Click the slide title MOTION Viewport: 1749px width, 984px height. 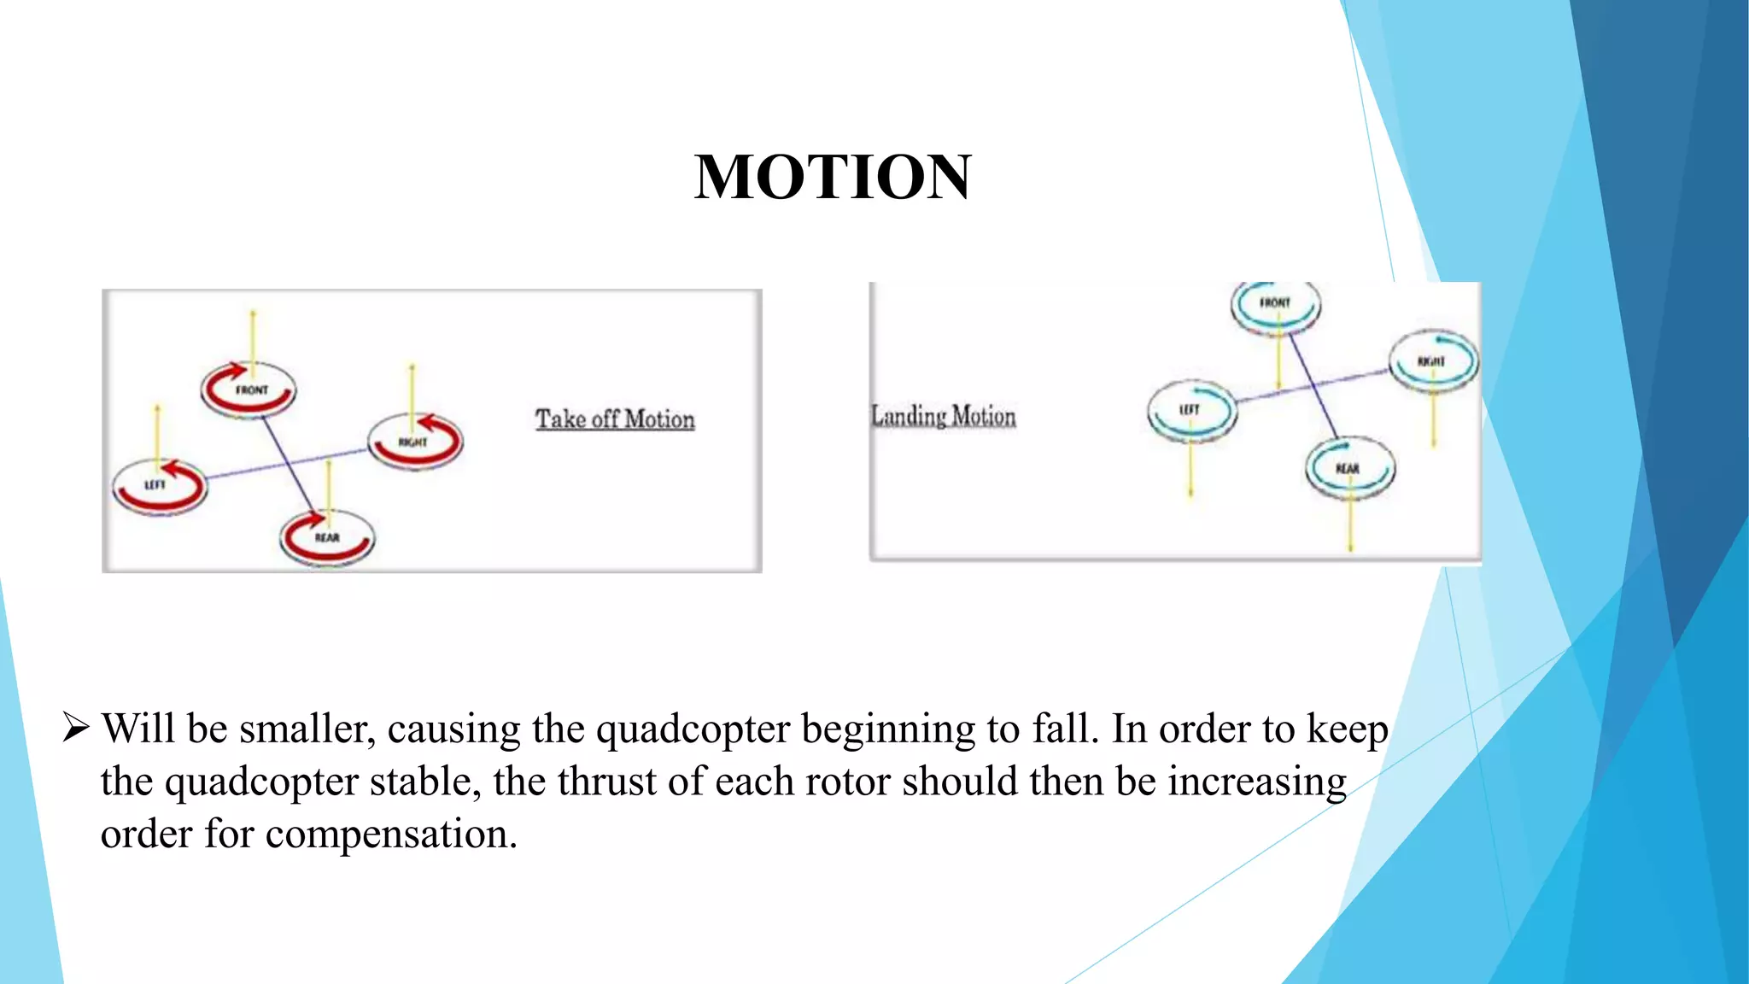click(x=833, y=177)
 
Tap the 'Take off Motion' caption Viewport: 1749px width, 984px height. click(x=615, y=419)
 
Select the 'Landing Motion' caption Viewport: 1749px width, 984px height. click(x=944, y=416)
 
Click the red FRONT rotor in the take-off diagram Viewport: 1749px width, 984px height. click(x=249, y=389)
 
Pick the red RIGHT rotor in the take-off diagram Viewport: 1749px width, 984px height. click(x=415, y=441)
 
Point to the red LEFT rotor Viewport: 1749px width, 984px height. click(x=160, y=485)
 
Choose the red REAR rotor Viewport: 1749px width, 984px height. click(x=327, y=536)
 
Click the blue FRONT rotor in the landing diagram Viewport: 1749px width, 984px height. click(x=1275, y=305)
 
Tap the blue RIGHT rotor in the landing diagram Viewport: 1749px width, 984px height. click(x=1433, y=361)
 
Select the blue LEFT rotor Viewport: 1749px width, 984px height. click(x=1191, y=411)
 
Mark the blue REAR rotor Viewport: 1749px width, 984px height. click(x=1349, y=468)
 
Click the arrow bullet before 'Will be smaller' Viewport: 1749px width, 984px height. click(x=76, y=729)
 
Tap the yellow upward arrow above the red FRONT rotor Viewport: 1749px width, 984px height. click(x=253, y=337)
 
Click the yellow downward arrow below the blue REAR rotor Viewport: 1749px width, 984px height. click(x=1350, y=521)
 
